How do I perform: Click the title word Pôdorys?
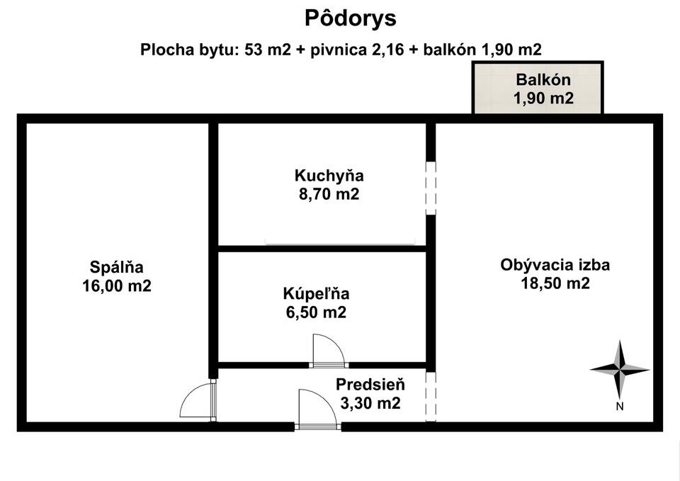[351, 18]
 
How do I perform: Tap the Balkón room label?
[543, 80]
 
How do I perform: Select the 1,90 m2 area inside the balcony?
[543, 98]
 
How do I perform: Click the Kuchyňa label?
[329, 176]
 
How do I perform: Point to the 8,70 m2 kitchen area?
[329, 194]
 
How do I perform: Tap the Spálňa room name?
[117, 267]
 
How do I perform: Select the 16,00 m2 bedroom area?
[117, 285]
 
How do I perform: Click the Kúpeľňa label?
[316, 294]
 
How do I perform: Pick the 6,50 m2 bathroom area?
[316, 312]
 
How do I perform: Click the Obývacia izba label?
[555, 264]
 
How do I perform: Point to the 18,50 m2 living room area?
[555, 283]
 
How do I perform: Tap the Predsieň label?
[370, 385]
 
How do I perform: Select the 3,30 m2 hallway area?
[370, 403]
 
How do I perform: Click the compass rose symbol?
[620, 370]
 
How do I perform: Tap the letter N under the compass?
[620, 407]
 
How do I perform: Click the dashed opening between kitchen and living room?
[431, 188]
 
